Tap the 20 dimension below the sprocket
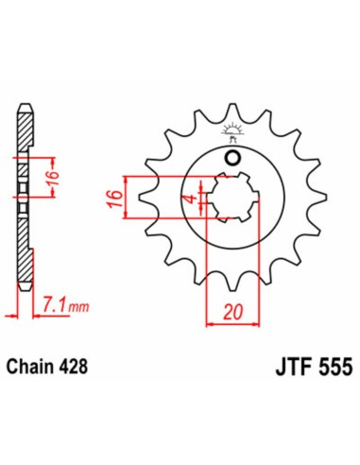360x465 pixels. click(x=232, y=309)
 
